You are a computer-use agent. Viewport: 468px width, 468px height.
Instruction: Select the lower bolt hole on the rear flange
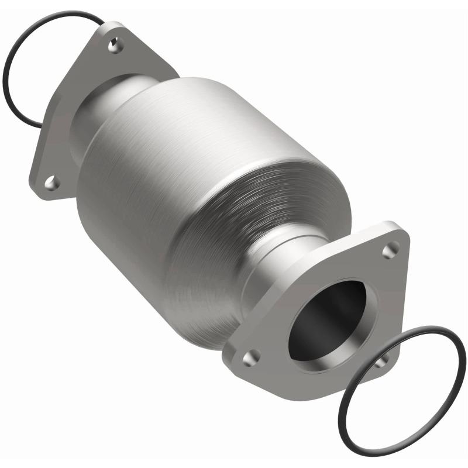coord(51,183)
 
